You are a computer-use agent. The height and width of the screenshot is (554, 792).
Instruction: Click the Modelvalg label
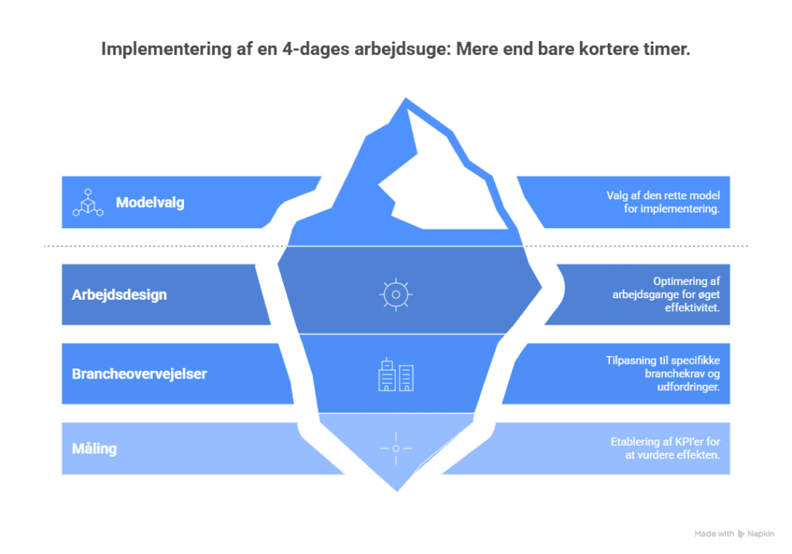[150, 203]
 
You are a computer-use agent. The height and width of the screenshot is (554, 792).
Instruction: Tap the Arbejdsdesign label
[119, 295]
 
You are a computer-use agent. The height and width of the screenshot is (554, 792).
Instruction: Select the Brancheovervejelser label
[139, 374]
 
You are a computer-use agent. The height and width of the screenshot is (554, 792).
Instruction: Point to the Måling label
[94, 448]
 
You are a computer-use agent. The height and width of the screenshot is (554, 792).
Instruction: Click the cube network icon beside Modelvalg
[87, 202]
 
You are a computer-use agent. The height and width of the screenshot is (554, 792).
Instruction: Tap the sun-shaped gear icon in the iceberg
[395, 294]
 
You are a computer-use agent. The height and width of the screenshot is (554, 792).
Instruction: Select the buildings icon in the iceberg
[395, 376]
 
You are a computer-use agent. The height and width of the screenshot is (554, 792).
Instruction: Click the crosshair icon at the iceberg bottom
[395, 448]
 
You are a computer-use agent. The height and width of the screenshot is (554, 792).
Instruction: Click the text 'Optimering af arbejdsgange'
[675, 288]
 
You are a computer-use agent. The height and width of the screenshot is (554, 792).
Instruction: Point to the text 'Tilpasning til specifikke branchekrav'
[662, 367]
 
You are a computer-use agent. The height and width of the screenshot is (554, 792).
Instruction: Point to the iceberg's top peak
[404, 99]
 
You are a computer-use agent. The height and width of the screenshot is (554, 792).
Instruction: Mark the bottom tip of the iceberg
[397, 490]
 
